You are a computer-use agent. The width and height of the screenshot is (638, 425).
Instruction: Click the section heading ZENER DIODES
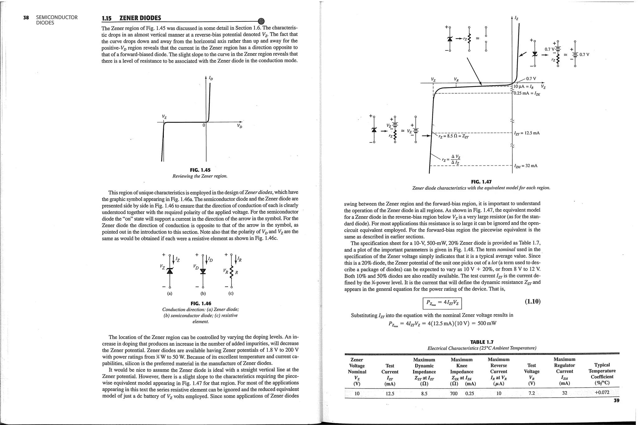[140, 18]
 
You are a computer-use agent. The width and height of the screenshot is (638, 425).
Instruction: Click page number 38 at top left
[26, 17]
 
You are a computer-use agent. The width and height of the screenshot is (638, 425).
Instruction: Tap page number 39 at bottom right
[616, 400]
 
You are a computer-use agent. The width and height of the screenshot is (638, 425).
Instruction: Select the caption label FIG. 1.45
[200, 170]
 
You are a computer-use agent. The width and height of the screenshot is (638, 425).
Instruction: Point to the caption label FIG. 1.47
[481, 182]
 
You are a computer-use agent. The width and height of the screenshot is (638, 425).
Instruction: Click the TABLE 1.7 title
[482, 342]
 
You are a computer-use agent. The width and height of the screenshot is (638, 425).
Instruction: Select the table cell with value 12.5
[390, 393]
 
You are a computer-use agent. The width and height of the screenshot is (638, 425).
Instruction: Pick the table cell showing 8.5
[424, 393]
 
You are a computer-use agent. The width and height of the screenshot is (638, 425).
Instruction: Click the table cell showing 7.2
[531, 393]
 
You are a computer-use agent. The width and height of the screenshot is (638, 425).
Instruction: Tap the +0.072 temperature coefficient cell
[602, 392]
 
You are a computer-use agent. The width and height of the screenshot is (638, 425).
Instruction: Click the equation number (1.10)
[532, 301]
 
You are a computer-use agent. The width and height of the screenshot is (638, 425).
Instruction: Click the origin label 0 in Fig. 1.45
[204, 125]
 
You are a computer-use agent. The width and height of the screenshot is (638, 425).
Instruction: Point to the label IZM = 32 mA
[526, 166]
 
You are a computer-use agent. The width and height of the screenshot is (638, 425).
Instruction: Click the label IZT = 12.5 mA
[527, 133]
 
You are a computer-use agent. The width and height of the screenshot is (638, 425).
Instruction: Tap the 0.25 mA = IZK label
[526, 93]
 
